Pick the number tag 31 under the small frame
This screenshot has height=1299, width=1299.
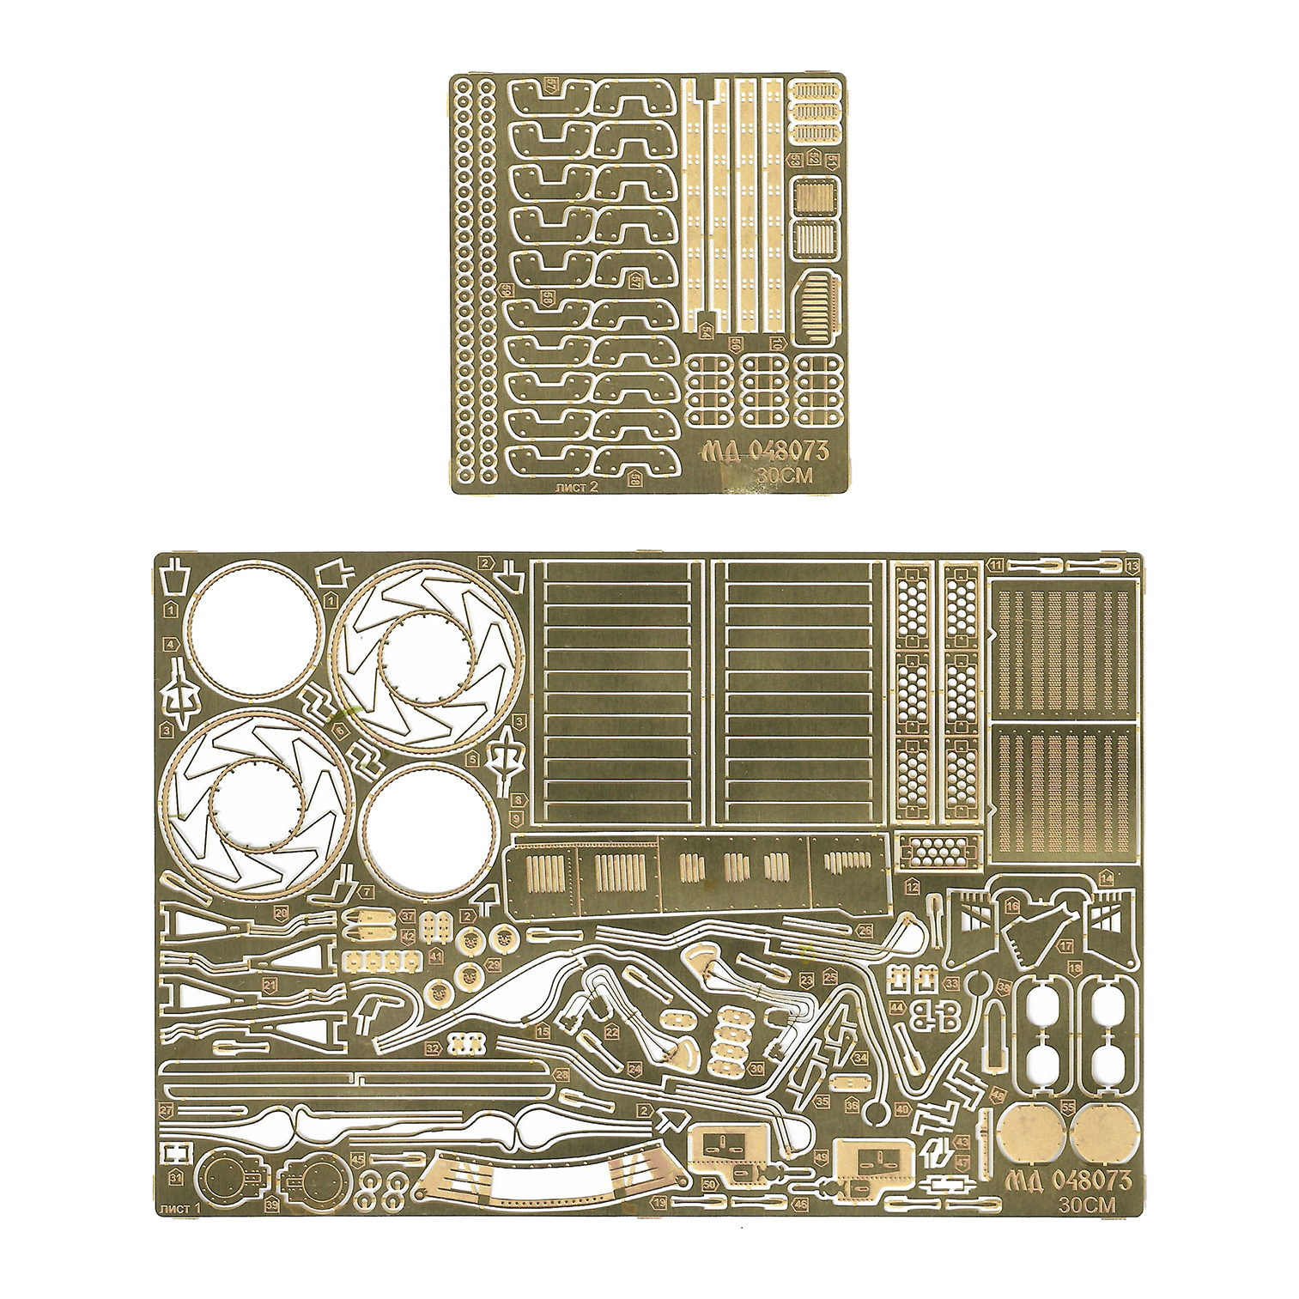pyautogui.click(x=175, y=1175)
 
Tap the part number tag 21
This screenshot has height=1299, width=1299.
pyautogui.click(x=270, y=985)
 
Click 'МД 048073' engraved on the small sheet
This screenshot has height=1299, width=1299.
pyautogui.click(x=753, y=452)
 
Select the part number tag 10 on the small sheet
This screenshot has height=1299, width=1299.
pyautogui.click(x=778, y=344)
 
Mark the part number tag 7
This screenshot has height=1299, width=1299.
pyautogui.click(x=367, y=892)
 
